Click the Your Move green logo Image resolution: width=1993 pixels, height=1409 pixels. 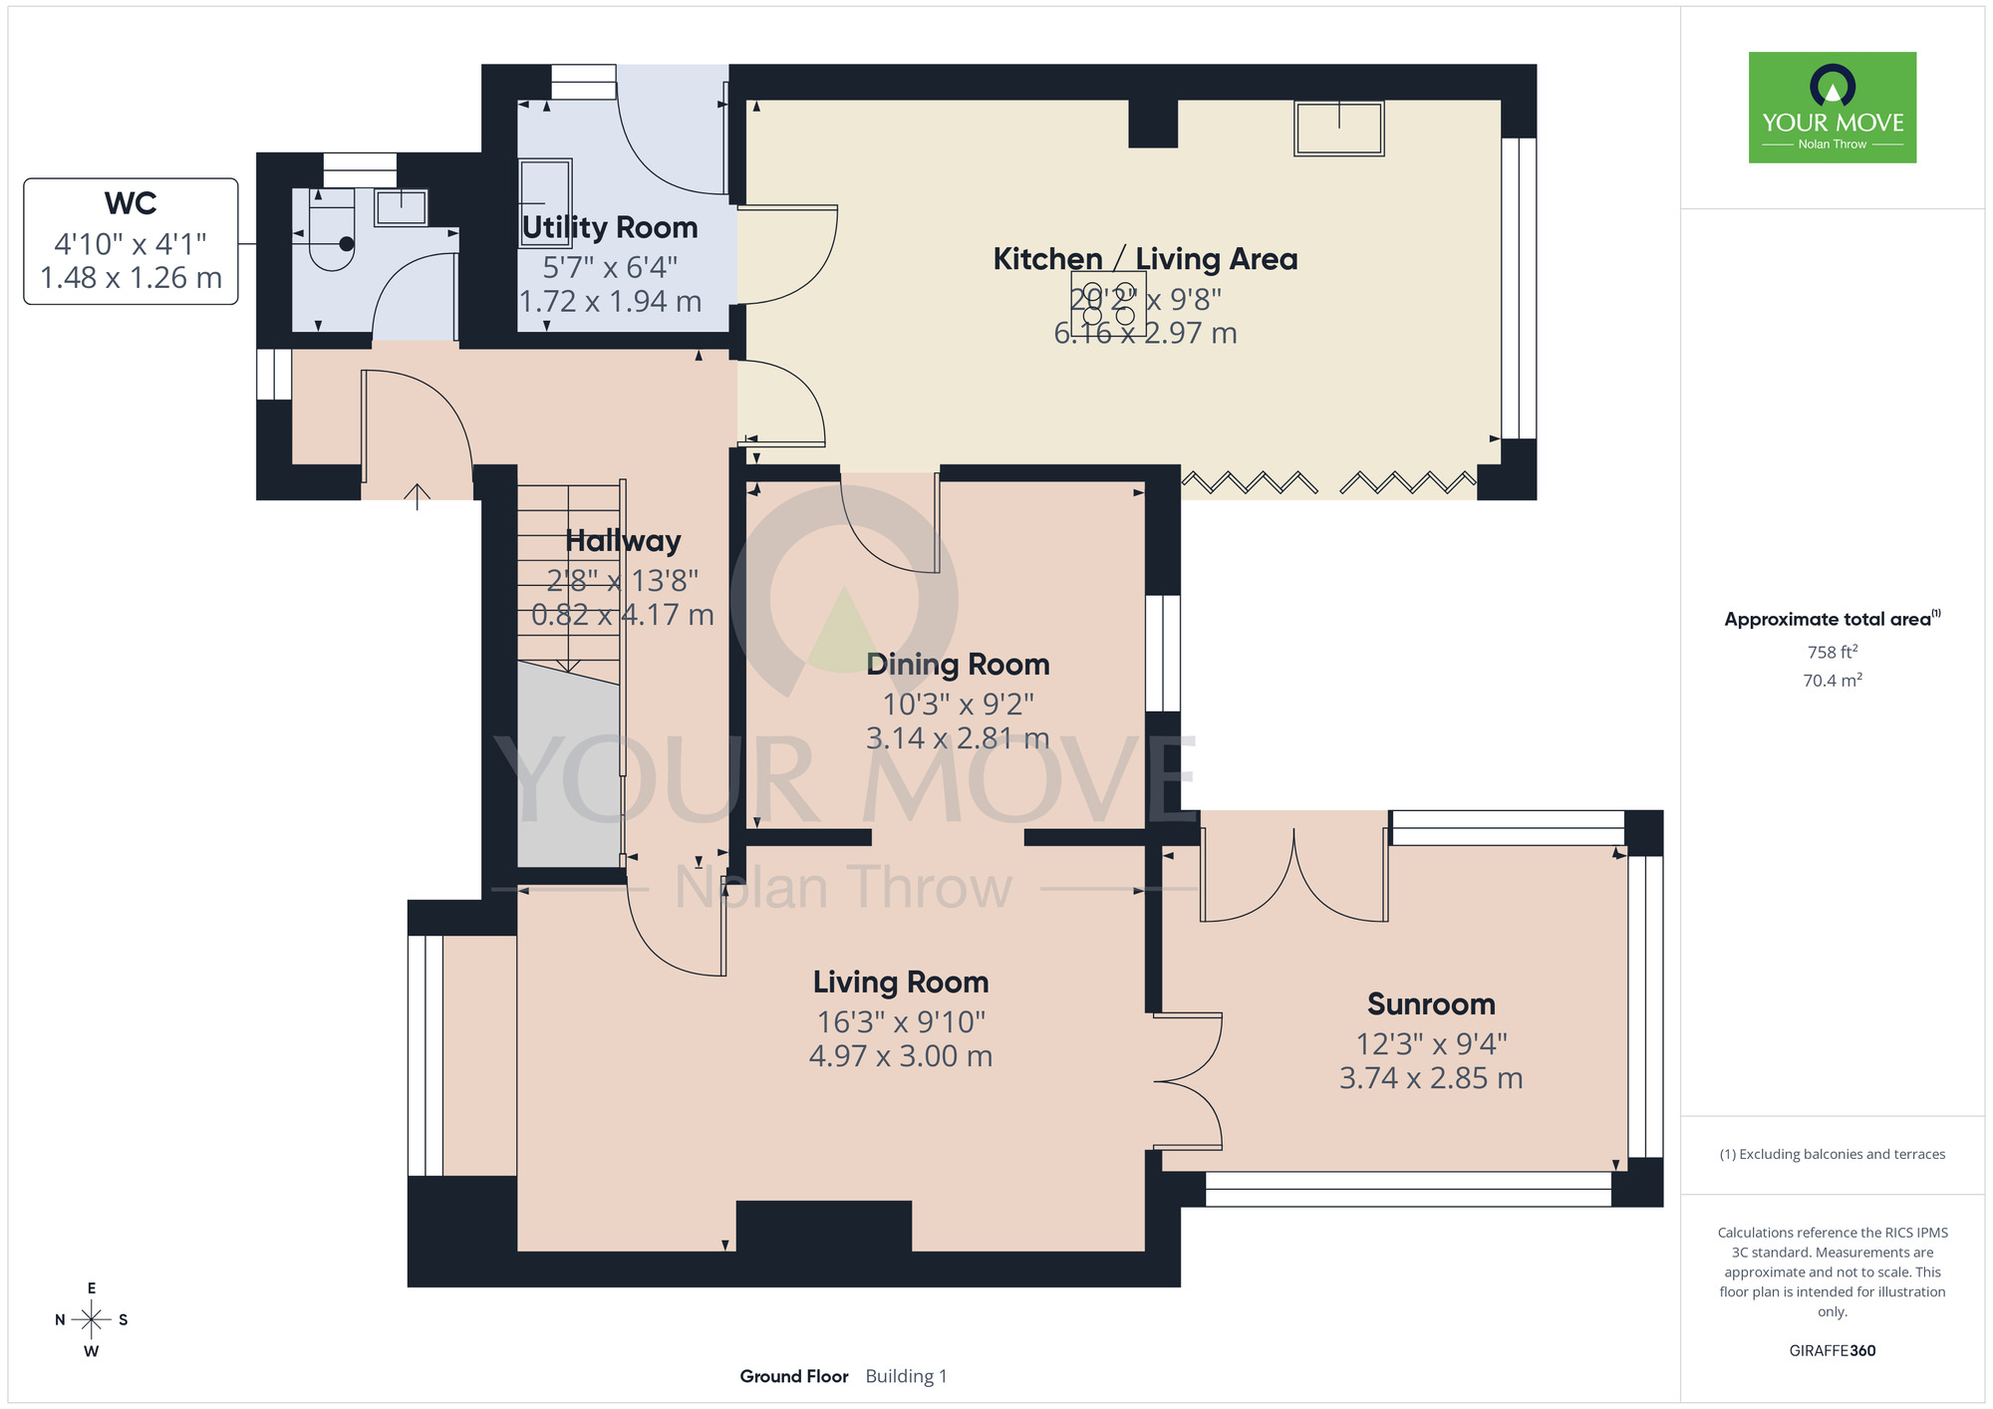point(1832,108)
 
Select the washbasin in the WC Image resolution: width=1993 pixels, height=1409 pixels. point(401,208)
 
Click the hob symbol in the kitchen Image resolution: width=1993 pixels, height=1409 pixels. point(1108,302)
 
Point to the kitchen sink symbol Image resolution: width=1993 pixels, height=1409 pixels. point(1338,129)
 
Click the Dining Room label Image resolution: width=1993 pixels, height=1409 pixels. point(958,664)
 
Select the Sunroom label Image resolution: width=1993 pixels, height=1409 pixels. point(1431,1003)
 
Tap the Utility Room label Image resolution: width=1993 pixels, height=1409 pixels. point(610,227)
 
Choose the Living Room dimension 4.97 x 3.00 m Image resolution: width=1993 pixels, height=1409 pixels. point(901,1056)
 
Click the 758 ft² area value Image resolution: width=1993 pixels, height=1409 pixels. point(1833,652)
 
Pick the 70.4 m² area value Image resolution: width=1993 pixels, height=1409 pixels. point(1833,681)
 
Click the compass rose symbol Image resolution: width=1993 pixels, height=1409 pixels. point(92,1320)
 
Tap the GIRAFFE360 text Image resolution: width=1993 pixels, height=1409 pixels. point(1833,1351)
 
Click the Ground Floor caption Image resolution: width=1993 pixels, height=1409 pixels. point(794,1376)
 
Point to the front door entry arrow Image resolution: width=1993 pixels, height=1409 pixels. point(417,496)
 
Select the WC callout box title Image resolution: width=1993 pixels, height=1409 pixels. point(131,203)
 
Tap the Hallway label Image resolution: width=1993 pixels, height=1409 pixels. point(623,541)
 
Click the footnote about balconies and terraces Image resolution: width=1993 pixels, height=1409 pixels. point(1833,1154)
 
